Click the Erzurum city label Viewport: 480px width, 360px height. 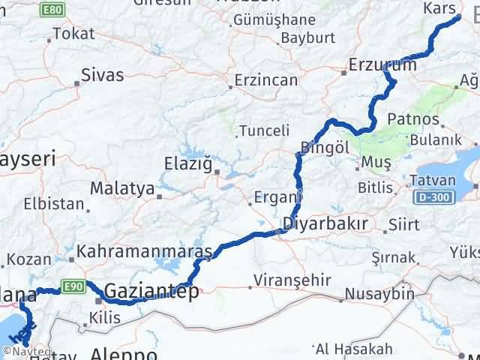pyautogui.click(x=382, y=66)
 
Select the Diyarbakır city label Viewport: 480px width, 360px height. pyautogui.click(x=325, y=224)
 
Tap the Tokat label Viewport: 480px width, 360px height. pyautogui.click(x=73, y=34)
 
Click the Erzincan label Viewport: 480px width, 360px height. pyautogui.click(x=265, y=80)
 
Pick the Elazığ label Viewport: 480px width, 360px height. pyautogui.click(x=187, y=163)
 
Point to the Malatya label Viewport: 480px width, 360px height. pyautogui.click(x=121, y=188)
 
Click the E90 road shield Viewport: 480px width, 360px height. pyautogui.click(x=71, y=285)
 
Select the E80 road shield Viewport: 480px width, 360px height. pyautogui.click(x=51, y=9)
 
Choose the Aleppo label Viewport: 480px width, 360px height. pyautogui.click(x=124, y=353)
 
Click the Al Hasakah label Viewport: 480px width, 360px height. pyautogui.click(x=354, y=349)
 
